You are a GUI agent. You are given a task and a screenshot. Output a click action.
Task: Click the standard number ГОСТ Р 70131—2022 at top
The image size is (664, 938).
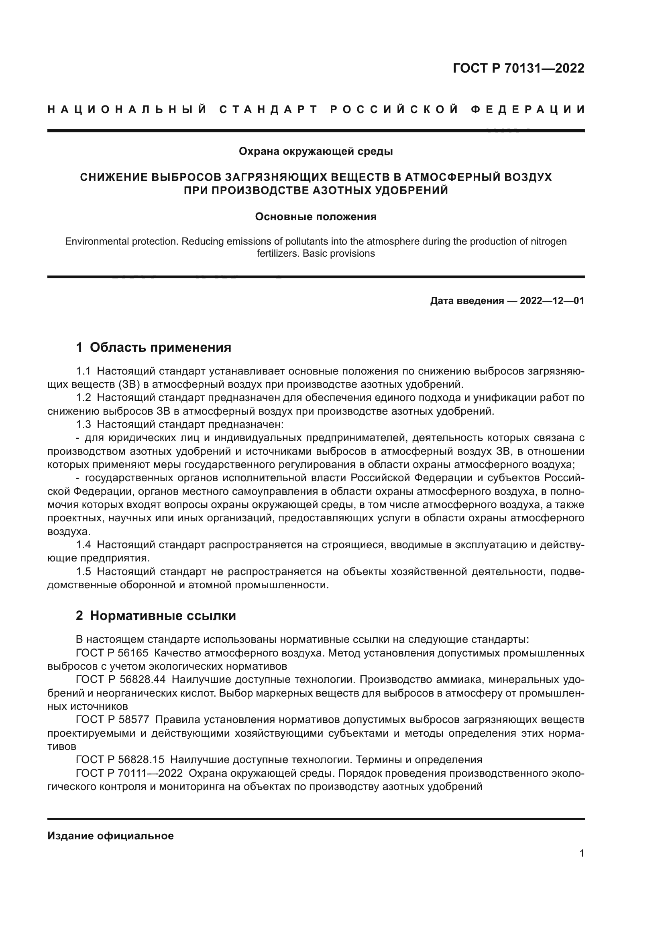[x=518, y=68]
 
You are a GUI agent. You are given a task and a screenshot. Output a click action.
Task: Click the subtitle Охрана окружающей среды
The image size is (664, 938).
[x=316, y=152]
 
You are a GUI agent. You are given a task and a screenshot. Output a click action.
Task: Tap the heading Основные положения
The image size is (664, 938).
[x=316, y=217]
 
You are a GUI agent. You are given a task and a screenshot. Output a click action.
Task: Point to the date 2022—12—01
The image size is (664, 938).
[x=552, y=301]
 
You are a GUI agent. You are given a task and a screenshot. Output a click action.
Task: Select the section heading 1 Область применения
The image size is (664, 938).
[x=154, y=347]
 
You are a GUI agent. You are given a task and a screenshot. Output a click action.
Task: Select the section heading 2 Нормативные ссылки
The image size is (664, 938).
[x=156, y=615]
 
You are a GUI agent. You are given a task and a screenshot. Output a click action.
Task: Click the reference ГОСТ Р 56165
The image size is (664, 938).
[x=112, y=652]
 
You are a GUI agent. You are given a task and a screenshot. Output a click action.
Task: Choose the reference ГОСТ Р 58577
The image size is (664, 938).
[x=112, y=719]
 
